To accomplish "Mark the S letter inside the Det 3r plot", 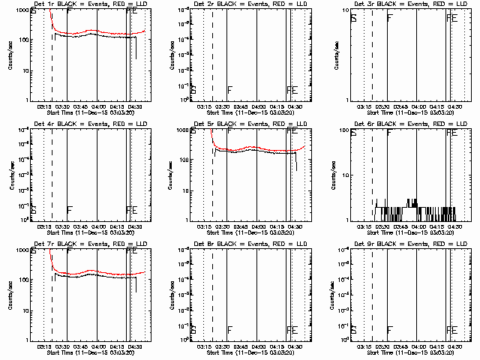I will point(354,16).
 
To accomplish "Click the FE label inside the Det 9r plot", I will point(451,330).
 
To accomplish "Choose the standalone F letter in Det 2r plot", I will point(229,90).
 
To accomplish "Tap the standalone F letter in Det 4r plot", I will point(70,210).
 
